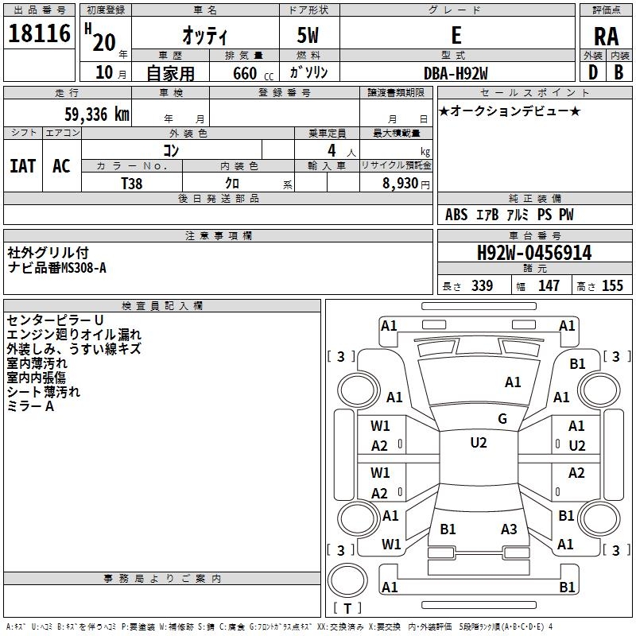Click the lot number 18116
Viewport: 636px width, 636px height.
click(40, 34)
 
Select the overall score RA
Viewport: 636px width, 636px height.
click(606, 36)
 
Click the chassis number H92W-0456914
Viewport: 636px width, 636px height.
click(534, 254)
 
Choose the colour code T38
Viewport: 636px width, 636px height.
click(131, 182)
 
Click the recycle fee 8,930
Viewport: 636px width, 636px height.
click(401, 182)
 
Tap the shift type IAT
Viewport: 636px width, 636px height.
click(23, 165)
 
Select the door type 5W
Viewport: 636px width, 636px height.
click(309, 36)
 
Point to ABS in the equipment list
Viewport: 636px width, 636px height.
click(456, 215)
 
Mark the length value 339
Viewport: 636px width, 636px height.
click(482, 285)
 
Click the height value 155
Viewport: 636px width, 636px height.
click(612, 285)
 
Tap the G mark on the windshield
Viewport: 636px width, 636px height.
click(502, 419)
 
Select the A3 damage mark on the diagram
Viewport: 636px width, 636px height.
click(509, 529)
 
